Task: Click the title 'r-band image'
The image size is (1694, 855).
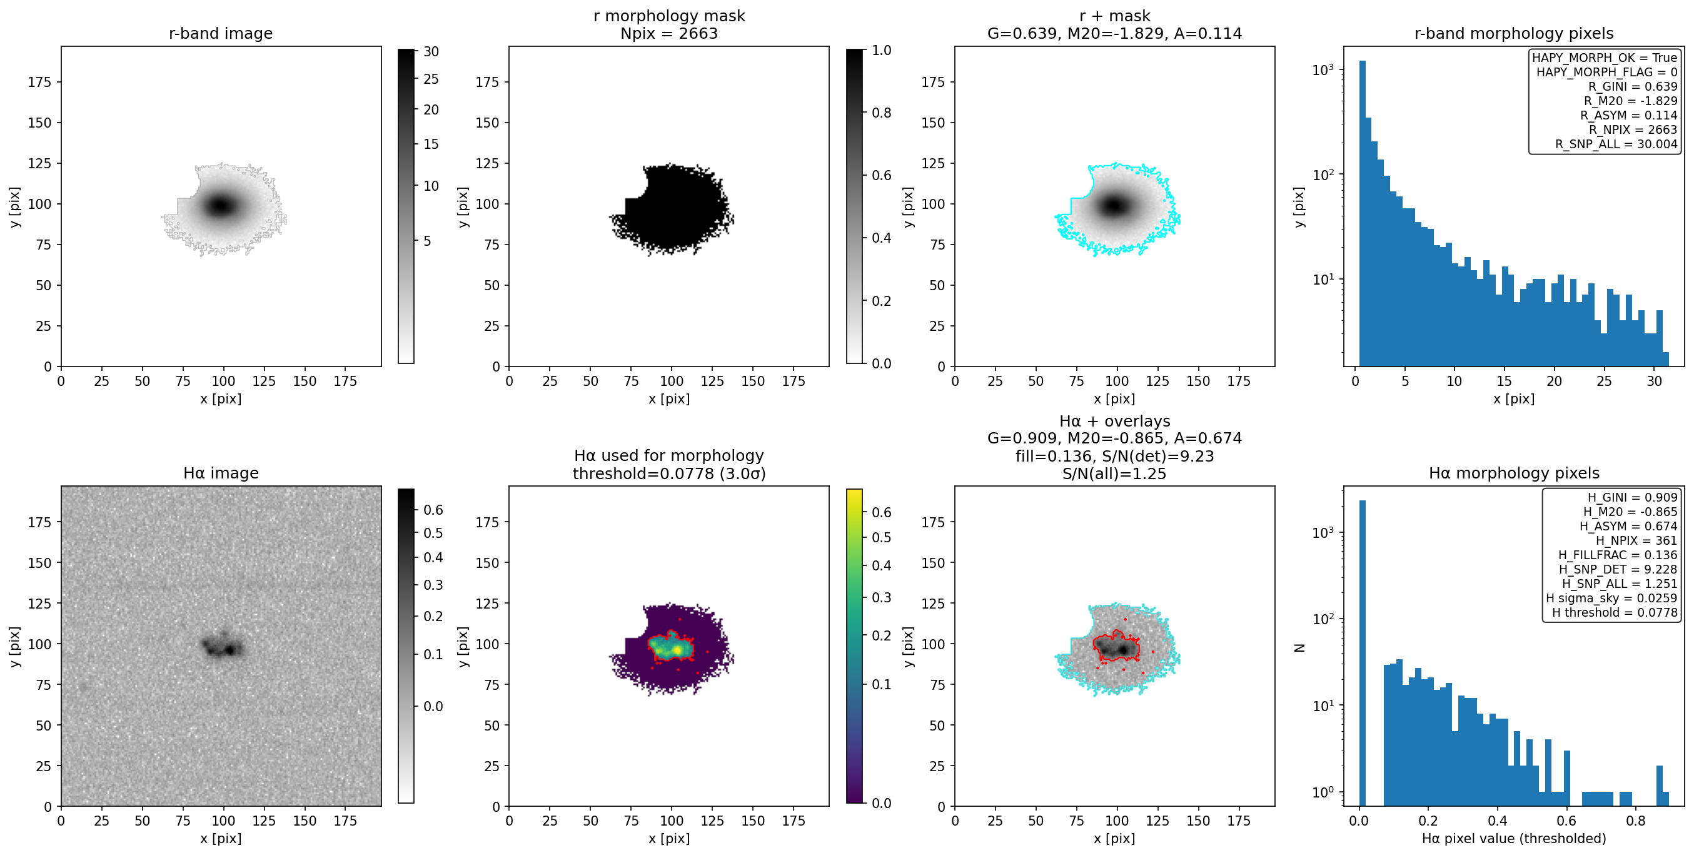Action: coord(220,34)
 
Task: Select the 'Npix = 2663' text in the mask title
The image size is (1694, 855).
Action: coord(669,34)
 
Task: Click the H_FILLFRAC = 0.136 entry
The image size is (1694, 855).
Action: coord(1618,555)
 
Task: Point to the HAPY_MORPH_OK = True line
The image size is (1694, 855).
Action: coord(1605,57)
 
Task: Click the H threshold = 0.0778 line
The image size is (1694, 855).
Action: coord(1615,613)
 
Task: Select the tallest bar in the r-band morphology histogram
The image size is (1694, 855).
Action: coord(1362,214)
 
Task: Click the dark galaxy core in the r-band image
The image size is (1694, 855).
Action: coord(221,205)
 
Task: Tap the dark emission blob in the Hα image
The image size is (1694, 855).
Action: coord(222,646)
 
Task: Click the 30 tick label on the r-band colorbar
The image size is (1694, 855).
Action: coord(431,51)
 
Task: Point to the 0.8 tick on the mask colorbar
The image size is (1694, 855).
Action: coord(881,113)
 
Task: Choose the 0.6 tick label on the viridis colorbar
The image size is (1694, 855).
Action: coord(881,512)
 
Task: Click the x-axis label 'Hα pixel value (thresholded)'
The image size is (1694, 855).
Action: coord(1514,839)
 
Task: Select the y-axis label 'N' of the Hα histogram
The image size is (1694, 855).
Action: coord(1299,648)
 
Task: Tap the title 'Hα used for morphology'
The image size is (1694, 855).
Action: coord(669,456)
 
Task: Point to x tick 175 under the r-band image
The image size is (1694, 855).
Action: coord(345,382)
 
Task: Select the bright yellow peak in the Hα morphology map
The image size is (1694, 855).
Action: coord(677,651)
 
